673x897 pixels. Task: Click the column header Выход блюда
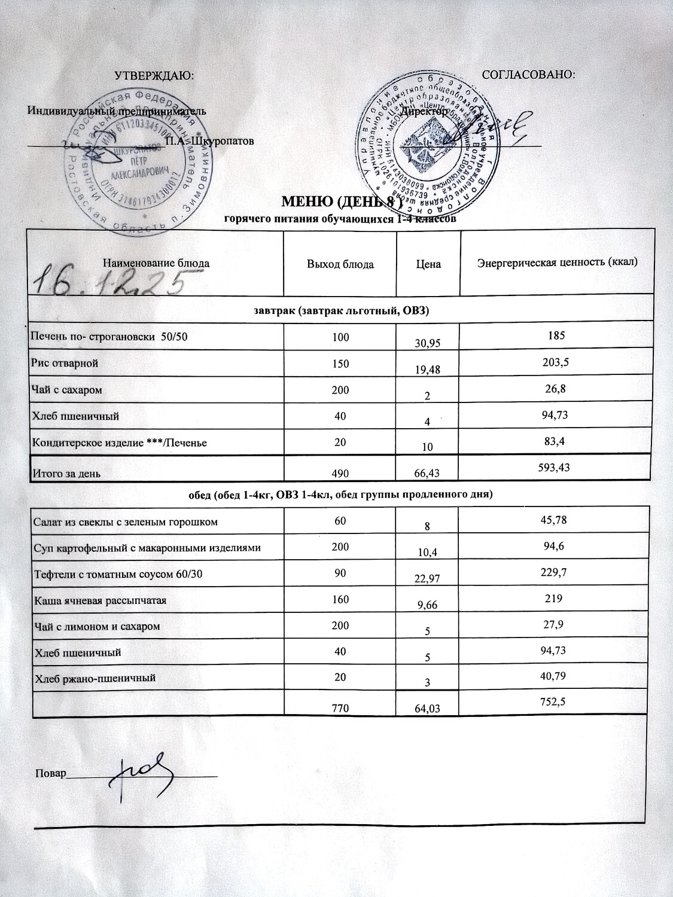click(x=340, y=264)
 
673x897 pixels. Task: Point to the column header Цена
click(x=428, y=264)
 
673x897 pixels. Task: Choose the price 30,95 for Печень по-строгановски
click(x=428, y=343)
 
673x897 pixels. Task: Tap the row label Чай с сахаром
click(x=66, y=390)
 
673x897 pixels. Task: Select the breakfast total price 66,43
click(x=428, y=473)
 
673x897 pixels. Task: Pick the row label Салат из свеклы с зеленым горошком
click(x=125, y=522)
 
